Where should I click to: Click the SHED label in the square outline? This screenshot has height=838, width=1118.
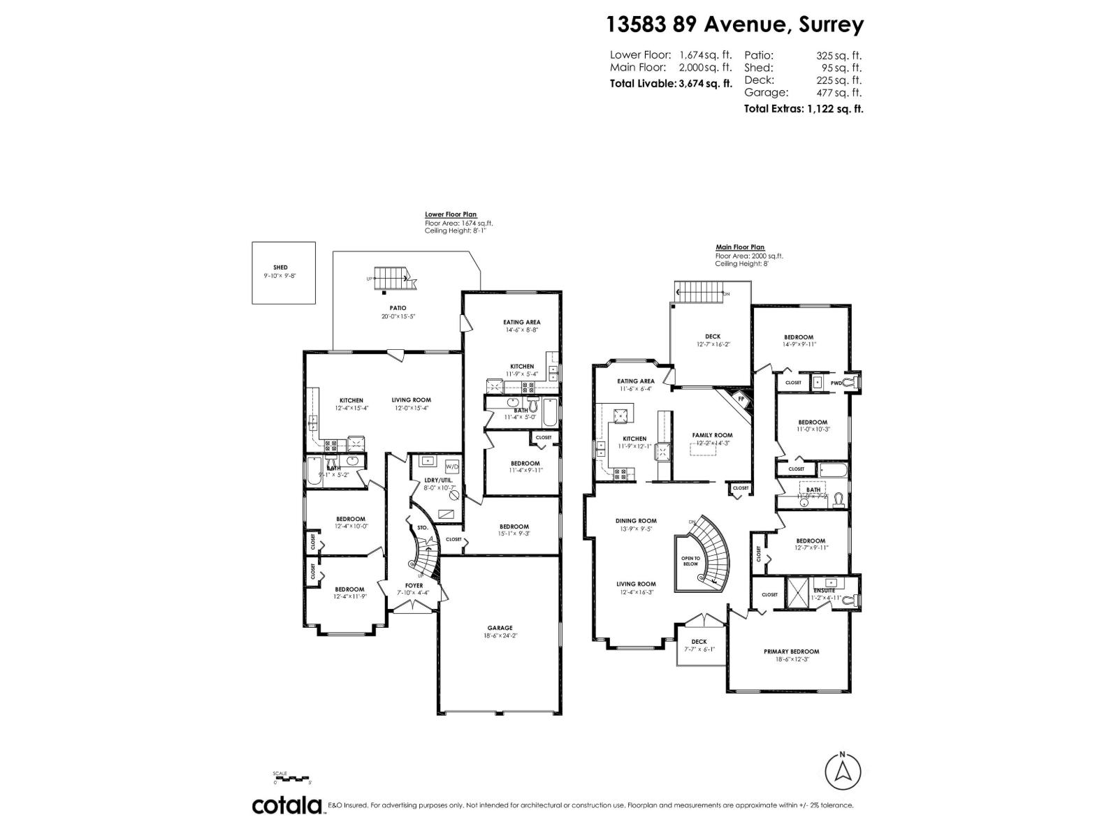tap(280, 267)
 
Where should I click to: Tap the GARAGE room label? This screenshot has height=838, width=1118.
tap(500, 628)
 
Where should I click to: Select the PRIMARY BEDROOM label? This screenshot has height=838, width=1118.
tap(791, 652)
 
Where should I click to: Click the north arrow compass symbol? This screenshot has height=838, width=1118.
tap(843, 772)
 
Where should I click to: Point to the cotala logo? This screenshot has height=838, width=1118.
tap(286, 805)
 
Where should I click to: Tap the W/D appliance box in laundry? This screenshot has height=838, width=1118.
tap(452, 466)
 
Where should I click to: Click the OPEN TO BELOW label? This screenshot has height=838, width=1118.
tap(690, 561)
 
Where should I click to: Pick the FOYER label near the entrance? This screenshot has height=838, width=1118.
tap(414, 586)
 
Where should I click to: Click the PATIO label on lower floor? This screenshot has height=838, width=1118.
tap(398, 308)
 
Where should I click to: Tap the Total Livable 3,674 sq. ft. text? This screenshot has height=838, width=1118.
tap(671, 83)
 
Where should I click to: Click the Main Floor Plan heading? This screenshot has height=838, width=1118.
tap(739, 247)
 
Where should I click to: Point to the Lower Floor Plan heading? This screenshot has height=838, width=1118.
tap(450, 214)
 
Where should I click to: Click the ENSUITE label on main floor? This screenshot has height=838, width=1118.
tap(825, 590)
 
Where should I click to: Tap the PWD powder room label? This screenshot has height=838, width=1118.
tap(836, 383)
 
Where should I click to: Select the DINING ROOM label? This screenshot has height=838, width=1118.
tap(636, 520)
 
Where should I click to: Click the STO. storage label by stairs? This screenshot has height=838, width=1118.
tap(422, 528)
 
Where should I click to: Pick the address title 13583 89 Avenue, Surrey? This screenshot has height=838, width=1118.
tap(734, 24)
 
